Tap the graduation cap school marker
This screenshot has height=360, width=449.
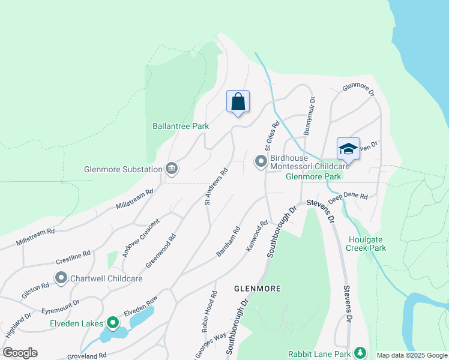(348, 148)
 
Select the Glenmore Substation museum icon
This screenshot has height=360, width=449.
(172, 169)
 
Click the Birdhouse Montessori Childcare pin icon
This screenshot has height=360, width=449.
(261, 161)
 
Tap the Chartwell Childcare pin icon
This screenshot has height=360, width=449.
(61, 278)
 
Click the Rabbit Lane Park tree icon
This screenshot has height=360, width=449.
(360, 353)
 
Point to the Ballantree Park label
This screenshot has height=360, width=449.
(180, 126)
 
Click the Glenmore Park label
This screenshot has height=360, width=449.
(313, 176)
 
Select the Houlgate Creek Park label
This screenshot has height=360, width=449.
(367, 243)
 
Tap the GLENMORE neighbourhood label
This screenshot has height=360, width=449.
(257, 289)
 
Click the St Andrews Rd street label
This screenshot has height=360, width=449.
(217, 187)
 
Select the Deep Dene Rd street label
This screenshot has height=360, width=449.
(348, 196)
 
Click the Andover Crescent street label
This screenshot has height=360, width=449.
(134, 237)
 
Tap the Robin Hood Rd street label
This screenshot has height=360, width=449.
(209, 312)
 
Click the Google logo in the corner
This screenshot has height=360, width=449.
(20, 352)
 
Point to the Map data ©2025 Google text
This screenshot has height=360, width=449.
(411, 355)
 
